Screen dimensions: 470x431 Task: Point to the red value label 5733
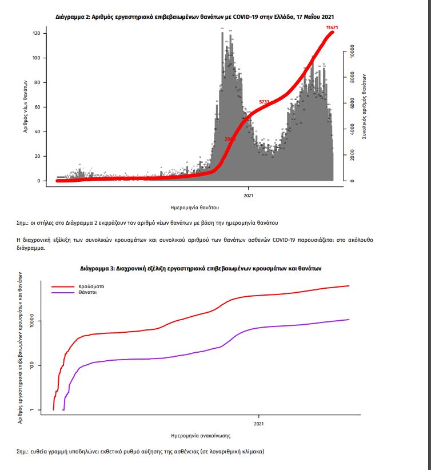tap(264, 102)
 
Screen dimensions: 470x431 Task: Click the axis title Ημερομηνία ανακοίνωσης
tap(201, 436)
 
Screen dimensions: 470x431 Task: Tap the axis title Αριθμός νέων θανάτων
tap(26, 107)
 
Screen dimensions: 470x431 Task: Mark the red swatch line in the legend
tap(62, 285)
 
